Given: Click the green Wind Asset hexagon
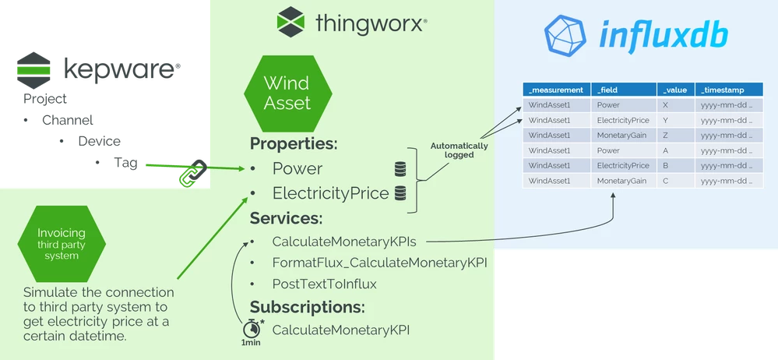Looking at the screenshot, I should (287, 93).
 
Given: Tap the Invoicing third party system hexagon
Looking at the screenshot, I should (62, 244).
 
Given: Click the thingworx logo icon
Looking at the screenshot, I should (291, 22).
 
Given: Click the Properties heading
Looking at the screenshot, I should (294, 144).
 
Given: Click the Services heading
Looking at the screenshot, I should (286, 218).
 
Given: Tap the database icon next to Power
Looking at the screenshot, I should (400, 169).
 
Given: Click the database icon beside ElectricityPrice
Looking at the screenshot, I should (400, 193).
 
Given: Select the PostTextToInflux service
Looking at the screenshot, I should (324, 284).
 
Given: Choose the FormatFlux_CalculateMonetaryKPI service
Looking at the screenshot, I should (379, 263).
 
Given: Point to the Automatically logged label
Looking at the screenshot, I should (459, 150).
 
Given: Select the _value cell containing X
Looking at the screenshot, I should (664, 104).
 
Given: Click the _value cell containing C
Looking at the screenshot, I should (664, 181).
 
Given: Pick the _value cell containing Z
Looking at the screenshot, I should (664, 135).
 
